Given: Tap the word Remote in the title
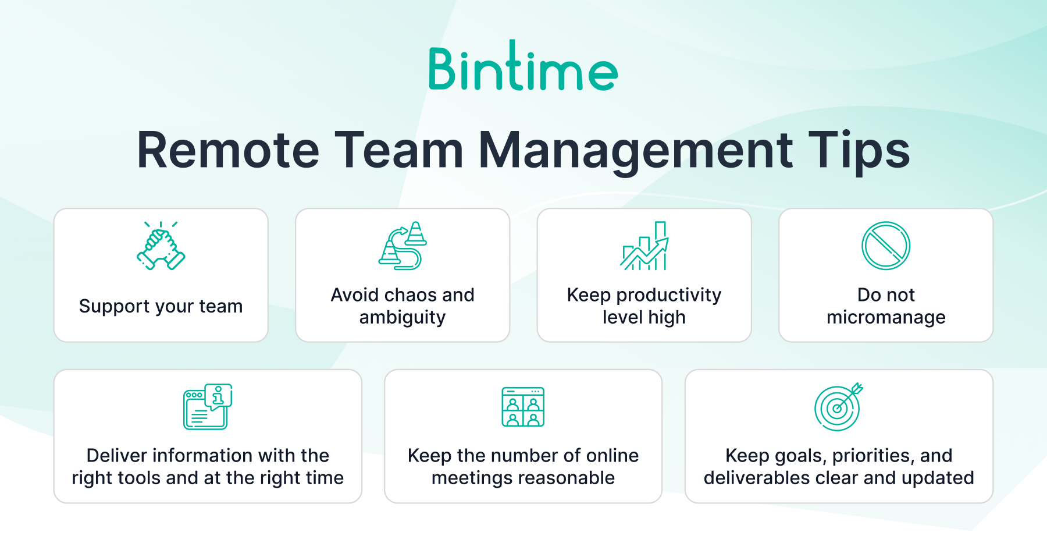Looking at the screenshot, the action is tap(229, 150).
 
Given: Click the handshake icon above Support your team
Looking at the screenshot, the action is tap(161, 245).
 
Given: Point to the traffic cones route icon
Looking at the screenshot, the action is tap(403, 245).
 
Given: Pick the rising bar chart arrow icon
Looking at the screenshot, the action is tap(644, 245).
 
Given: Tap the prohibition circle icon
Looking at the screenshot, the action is tap(886, 245).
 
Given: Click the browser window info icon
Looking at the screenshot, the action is tap(208, 406).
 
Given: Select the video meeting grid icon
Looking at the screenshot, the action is tap(523, 406).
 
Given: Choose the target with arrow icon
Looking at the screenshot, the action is tap(839, 406).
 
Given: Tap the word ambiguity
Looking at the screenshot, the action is tap(403, 318).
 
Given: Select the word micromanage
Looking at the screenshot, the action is tap(886, 318).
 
